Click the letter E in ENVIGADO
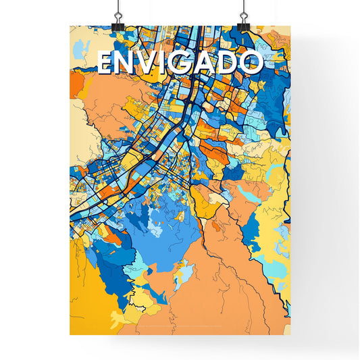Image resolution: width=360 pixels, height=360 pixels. pyautogui.click(x=106, y=63)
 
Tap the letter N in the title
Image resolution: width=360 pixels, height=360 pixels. pyautogui.click(x=128, y=63)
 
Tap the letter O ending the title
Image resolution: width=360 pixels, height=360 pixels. pyautogui.click(x=249, y=63)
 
